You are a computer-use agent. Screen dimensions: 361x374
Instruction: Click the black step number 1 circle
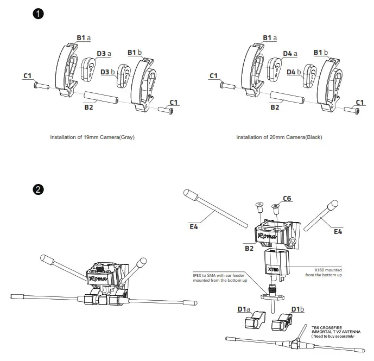[x=38, y=14]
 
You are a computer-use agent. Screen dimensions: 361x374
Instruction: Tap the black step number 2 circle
[x=38, y=189]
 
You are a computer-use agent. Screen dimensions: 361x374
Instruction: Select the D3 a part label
[x=103, y=54]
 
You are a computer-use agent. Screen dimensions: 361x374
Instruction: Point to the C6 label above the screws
[x=287, y=199]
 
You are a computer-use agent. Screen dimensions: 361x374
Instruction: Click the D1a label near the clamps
[x=243, y=309]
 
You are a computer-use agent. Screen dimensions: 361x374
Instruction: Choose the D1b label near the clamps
[x=297, y=309]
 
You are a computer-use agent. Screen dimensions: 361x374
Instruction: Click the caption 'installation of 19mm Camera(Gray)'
[x=92, y=137]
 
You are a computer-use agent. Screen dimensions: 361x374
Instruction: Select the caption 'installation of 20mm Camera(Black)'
[x=279, y=137]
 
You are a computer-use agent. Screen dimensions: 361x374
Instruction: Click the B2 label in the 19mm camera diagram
[x=88, y=107]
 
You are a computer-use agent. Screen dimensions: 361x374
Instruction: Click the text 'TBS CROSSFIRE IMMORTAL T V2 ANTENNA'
[x=335, y=332]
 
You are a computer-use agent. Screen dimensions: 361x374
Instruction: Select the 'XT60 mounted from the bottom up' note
[x=328, y=272]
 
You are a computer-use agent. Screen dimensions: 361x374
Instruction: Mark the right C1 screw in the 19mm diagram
[x=164, y=111]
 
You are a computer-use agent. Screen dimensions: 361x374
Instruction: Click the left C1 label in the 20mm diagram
[x=213, y=75]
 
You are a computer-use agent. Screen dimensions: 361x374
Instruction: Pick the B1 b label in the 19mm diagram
[x=135, y=52]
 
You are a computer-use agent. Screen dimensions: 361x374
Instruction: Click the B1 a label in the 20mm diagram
[x=270, y=37]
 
